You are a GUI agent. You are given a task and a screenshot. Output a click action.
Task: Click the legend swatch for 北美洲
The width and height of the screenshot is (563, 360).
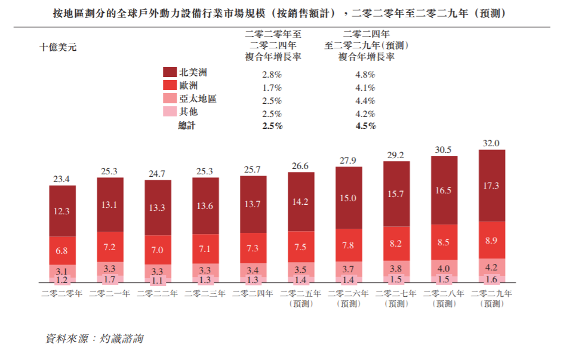coord(170,72)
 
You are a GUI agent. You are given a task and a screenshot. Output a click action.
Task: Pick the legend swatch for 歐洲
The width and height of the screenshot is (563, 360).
coord(170,85)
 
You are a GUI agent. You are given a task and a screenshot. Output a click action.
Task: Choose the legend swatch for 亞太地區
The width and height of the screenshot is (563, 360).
coord(170,99)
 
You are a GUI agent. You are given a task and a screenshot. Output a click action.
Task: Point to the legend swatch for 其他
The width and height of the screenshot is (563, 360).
coord(170,112)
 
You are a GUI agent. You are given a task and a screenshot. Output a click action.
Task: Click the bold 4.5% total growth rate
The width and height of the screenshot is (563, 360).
coord(365,126)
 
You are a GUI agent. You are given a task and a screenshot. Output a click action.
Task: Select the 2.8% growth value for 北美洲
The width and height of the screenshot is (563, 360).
coord(272,75)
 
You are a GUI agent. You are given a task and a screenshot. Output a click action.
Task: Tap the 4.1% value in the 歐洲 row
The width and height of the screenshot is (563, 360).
coord(365,88)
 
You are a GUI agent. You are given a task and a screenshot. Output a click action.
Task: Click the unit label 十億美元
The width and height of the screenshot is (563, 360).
coord(58,47)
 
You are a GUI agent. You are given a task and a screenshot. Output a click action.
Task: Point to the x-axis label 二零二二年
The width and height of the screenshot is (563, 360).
coord(158,294)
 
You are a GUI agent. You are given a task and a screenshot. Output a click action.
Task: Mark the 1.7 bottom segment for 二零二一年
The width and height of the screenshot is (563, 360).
coord(110,279)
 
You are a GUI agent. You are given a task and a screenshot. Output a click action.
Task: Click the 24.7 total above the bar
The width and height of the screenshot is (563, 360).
coord(158,174)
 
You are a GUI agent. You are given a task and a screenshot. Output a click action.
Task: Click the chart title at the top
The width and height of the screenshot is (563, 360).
coord(281,13)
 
